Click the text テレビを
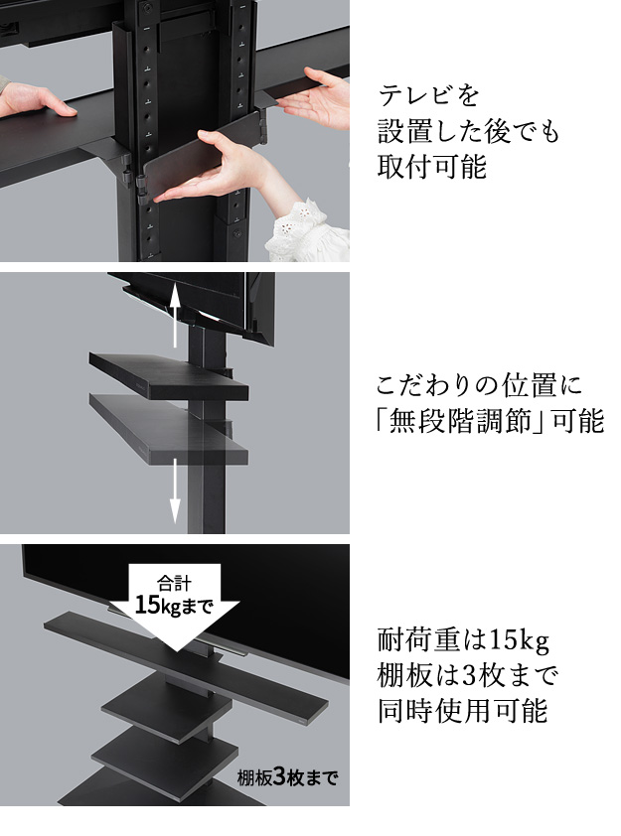[428, 96]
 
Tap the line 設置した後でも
[468, 132]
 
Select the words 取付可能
[431, 167]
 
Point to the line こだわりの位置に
[479, 385]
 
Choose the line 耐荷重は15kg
[463, 640]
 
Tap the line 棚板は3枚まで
[467, 675]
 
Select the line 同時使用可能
[463, 711]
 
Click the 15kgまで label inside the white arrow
[174, 606]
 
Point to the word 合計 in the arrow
[174, 583]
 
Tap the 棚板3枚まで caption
[287, 777]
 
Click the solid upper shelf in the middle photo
[169, 375]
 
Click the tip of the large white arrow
[174, 651]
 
